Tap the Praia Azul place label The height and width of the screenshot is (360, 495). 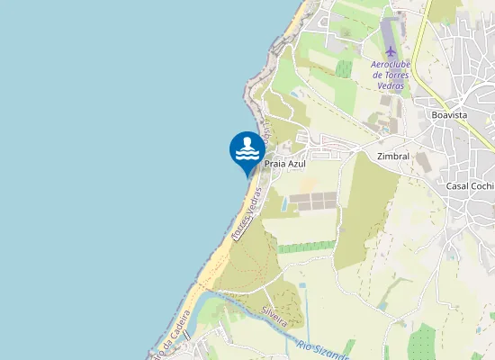[x=286, y=164]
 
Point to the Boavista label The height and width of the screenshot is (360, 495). [x=448, y=115]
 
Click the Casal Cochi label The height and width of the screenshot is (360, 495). [x=470, y=185]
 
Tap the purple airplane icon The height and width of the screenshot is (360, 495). [x=390, y=50]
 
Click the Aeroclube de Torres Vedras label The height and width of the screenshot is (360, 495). [x=390, y=75]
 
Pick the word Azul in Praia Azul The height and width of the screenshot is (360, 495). [x=297, y=164]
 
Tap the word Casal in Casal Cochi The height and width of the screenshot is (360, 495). [x=459, y=185]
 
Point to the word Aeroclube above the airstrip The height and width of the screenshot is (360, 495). [x=390, y=65]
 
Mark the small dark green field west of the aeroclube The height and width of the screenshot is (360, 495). [x=344, y=68]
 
